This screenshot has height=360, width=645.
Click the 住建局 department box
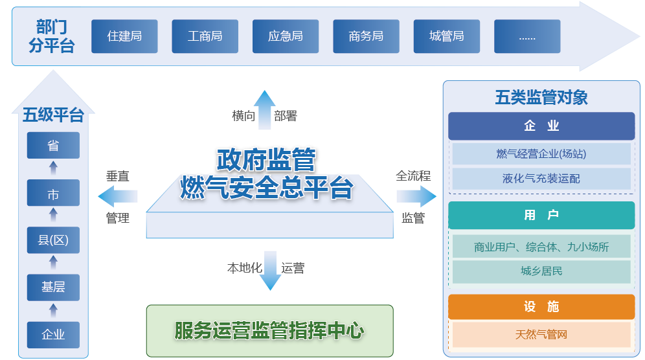click(124, 36)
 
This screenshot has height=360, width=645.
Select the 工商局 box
click(205, 36)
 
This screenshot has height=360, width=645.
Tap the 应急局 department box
click(285, 36)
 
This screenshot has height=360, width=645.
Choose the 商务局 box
click(366, 36)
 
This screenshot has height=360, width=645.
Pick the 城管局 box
click(446, 36)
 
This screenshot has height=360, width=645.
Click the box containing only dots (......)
click(527, 36)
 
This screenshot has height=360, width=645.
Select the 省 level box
click(53, 145)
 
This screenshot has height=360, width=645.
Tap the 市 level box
click(53, 193)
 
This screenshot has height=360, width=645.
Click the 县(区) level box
click(53, 240)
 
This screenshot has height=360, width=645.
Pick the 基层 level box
click(53, 287)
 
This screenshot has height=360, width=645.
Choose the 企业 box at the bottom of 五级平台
click(53, 335)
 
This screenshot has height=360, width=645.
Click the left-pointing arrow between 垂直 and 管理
click(118, 196)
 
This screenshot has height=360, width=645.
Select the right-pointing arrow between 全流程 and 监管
click(416, 196)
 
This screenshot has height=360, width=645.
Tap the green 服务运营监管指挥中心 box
click(269, 331)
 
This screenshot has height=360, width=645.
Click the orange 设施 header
click(541, 307)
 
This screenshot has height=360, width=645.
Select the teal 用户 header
click(541, 215)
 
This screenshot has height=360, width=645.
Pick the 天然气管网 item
click(541, 335)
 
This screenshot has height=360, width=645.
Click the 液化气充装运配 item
click(541, 179)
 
